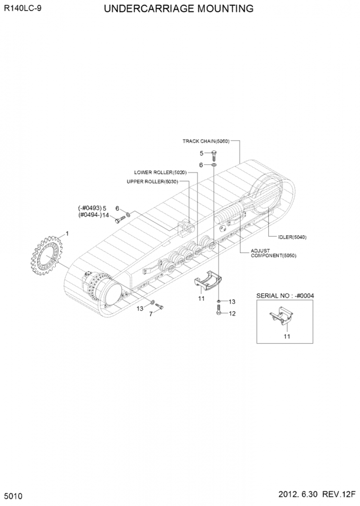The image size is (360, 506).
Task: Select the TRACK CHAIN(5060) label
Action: click(x=206, y=141)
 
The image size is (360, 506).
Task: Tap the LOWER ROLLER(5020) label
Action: click(x=160, y=173)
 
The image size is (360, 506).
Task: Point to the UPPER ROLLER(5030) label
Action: click(x=152, y=182)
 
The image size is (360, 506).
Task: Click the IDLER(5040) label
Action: click(x=292, y=237)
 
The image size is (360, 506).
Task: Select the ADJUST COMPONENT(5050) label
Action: click(x=273, y=253)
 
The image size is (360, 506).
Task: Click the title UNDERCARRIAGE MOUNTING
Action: click(x=179, y=9)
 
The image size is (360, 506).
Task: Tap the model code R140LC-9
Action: click(x=23, y=8)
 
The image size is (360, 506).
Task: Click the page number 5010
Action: click(x=14, y=496)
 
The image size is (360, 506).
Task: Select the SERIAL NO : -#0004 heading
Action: click(x=285, y=296)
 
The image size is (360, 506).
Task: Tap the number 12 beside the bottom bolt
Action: click(x=232, y=313)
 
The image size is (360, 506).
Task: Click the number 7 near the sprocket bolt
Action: click(x=151, y=314)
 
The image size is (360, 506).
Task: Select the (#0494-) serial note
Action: click(x=90, y=215)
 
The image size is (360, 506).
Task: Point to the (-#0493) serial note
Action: click(x=90, y=208)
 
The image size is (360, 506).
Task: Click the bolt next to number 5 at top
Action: click(x=214, y=155)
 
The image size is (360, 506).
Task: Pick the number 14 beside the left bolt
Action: click(x=106, y=215)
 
